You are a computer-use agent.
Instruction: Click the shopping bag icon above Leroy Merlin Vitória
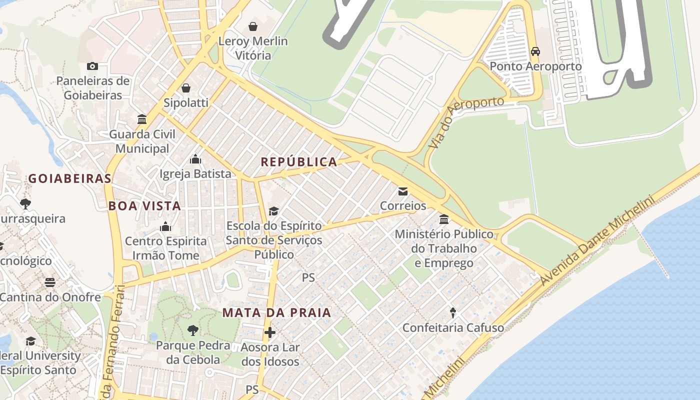click(253, 26)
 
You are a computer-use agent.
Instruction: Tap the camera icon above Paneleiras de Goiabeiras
click(92, 66)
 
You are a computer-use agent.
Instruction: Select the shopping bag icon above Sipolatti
click(186, 88)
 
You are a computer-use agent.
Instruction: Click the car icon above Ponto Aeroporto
click(535, 51)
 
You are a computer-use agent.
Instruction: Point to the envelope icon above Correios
click(402, 191)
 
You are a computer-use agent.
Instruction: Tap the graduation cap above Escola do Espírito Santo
click(273, 211)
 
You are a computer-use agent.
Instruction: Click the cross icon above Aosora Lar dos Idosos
click(270, 332)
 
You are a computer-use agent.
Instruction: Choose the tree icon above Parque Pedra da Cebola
click(192, 330)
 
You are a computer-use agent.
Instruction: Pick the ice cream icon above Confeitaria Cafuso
click(453, 313)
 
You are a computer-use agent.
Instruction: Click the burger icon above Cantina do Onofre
click(50, 282)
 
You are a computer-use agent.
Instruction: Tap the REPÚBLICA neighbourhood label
click(299, 162)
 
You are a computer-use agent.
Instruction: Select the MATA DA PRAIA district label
click(276, 313)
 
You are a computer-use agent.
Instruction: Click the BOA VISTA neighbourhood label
click(144, 205)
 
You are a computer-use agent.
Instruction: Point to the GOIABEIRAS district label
click(69, 178)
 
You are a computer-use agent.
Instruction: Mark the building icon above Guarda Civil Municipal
click(142, 119)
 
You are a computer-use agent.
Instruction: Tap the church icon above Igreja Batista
click(195, 159)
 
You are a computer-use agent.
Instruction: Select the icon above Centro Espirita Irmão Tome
click(165, 226)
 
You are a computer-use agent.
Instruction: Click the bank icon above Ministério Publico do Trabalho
click(444, 219)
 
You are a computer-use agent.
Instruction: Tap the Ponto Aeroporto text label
click(535, 66)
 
